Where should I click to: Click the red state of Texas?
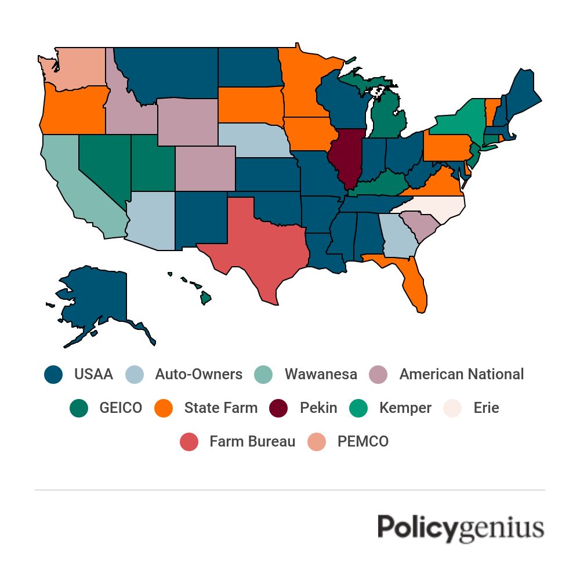(255, 244)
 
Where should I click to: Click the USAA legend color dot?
(53, 374)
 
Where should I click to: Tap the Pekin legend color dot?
(279, 408)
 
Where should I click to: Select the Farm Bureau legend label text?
(252, 441)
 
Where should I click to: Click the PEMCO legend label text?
(363, 441)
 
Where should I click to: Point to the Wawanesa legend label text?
(321, 374)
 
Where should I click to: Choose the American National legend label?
(461, 374)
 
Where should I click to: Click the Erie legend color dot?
(452, 408)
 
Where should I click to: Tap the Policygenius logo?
(461, 527)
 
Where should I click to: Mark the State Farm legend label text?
(221, 408)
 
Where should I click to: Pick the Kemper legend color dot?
(358, 408)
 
